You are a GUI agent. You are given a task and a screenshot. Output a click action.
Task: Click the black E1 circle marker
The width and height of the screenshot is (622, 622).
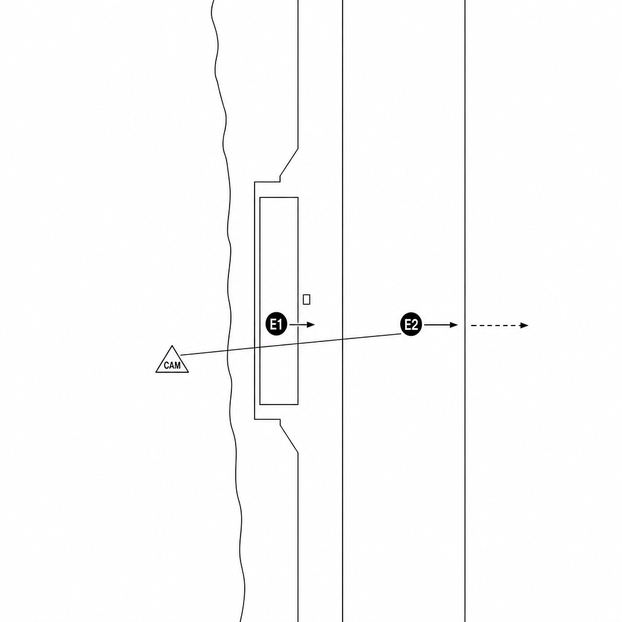point(276,324)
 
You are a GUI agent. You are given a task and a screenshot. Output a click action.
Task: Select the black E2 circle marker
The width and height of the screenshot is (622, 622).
point(411,324)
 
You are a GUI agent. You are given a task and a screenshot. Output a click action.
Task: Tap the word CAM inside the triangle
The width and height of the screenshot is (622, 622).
point(172,365)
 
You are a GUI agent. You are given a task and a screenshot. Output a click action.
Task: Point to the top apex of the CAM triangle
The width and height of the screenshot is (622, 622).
point(172,346)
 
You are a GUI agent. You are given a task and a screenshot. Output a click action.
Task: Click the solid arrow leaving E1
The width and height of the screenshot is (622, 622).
point(302,324)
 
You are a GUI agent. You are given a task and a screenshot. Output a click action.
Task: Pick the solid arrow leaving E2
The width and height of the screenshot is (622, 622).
point(441,325)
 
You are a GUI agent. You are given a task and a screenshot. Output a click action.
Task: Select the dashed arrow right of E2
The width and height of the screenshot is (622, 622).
point(499,326)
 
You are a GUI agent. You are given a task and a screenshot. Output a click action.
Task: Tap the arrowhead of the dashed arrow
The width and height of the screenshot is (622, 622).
point(525,326)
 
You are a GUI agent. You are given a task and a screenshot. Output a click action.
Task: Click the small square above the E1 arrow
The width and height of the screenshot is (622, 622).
point(306,299)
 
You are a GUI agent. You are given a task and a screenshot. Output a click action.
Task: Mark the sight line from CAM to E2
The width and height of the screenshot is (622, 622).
point(291,344)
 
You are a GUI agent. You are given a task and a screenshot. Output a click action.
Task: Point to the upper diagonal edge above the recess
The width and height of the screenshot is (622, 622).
point(289,162)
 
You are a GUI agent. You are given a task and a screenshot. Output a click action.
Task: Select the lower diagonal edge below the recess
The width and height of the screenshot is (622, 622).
point(289,439)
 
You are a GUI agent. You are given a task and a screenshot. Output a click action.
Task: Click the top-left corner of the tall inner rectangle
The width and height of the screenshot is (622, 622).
point(260,197)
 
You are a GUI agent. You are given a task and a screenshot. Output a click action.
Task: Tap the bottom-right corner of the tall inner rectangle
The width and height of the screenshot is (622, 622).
point(298,405)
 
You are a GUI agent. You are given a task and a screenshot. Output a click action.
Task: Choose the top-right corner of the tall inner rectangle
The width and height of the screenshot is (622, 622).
point(298,197)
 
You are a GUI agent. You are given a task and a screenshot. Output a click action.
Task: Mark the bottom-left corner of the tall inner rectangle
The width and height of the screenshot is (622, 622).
point(260,405)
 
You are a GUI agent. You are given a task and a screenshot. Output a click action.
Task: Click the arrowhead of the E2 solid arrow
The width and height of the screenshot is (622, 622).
point(454,325)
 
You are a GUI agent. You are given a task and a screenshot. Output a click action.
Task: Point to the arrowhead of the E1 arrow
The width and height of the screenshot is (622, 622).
point(312,324)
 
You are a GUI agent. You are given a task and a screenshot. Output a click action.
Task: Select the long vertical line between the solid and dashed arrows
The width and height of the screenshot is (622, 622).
point(465,311)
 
